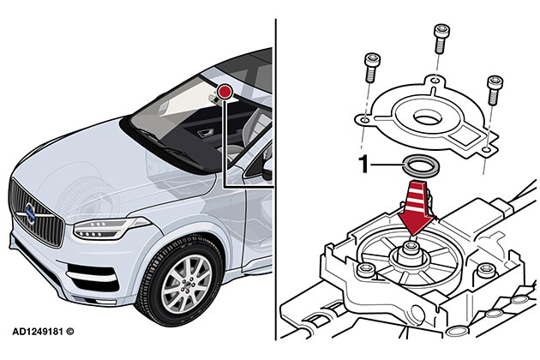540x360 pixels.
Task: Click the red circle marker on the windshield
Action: pyautogui.click(x=225, y=93)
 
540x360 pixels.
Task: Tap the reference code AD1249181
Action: pyautogui.click(x=38, y=332)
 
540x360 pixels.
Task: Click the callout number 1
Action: pyautogui.click(x=363, y=164)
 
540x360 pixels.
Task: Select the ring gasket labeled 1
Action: pyautogui.click(x=421, y=165)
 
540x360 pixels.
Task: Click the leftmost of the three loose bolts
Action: pyautogui.click(x=372, y=68)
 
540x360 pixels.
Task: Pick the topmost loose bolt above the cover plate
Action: pyautogui.click(x=441, y=39)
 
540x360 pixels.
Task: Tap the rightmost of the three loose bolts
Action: pyautogui.click(x=495, y=90)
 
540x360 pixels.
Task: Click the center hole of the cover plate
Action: pyautogui.click(x=428, y=117)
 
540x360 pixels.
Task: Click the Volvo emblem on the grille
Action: pyautogui.click(x=30, y=213)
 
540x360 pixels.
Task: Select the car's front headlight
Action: pyautogui.click(x=110, y=228)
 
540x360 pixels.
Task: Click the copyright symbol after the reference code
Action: pyautogui.click(x=70, y=332)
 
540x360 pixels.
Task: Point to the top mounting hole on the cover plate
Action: pyautogui.click(x=435, y=81)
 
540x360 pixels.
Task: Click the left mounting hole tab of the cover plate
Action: pyautogui.click(x=364, y=120)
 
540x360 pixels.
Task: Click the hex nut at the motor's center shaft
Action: pyautogui.click(x=411, y=248)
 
